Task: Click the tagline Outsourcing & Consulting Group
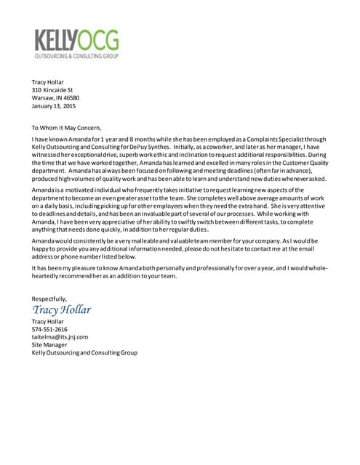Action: pyautogui.click(x=76, y=55)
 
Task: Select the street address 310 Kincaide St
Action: pyautogui.click(x=52, y=90)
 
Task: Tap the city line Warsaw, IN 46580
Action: pyautogui.click(x=55, y=98)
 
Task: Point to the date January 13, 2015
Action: pyautogui.click(x=55, y=106)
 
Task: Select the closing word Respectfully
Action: pyautogui.click(x=49, y=299)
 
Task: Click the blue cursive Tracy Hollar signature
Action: pyautogui.click(x=61, y=310)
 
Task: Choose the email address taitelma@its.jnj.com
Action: pyautogui.click(x=60, y=337)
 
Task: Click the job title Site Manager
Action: pyautogui.click(x=49, y=345)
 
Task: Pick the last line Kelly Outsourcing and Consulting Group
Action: pyautogui.click(x=84, y=353)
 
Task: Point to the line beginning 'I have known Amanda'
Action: pyautogui.click(x=178, y=138)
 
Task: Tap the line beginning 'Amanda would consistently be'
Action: pyautogui.click(x=178, y=240)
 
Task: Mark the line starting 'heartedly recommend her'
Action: pyautogui.click(x=104, y=276)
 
